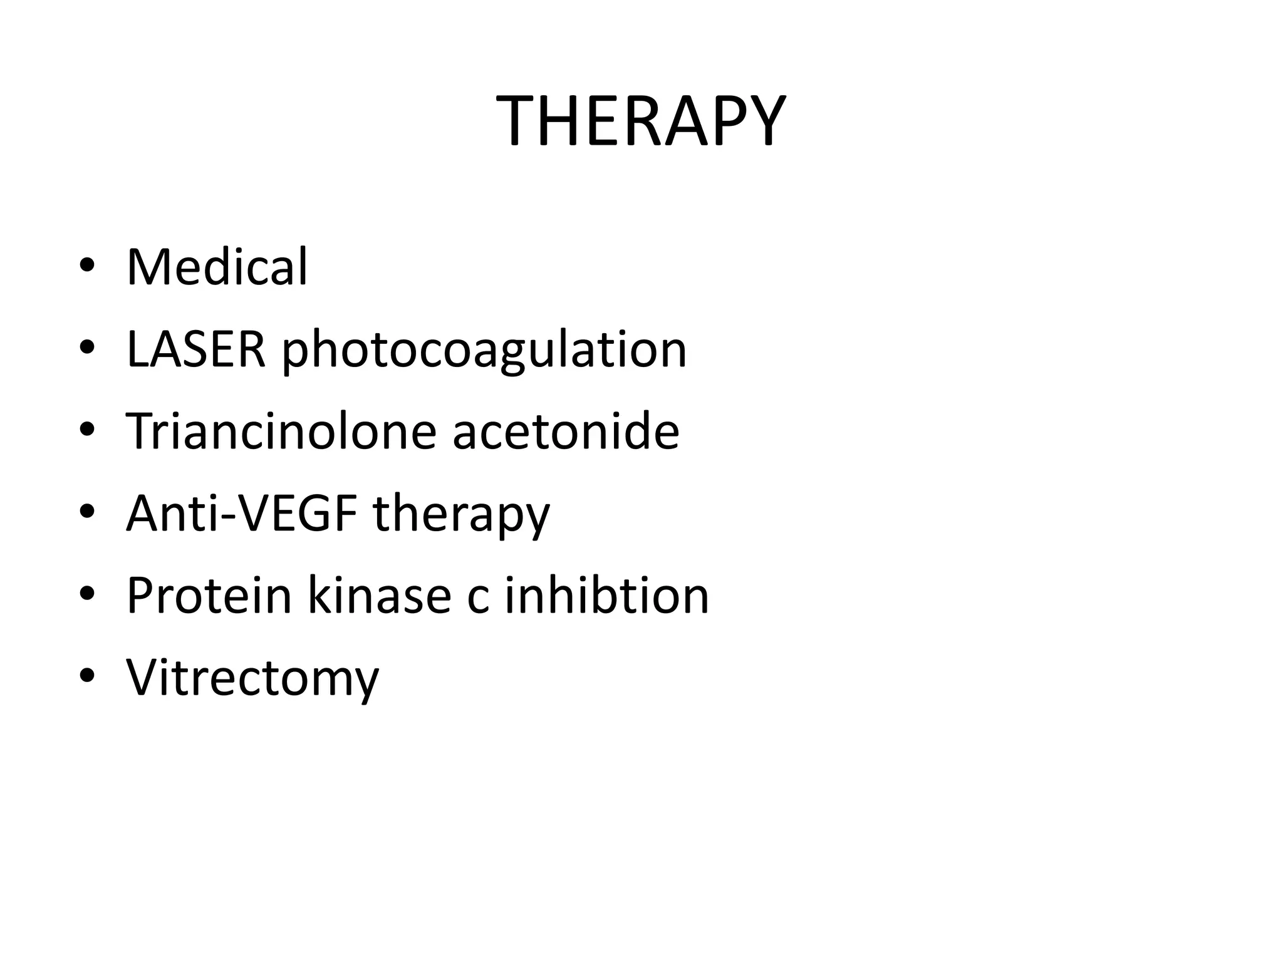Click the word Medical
click(217, 267)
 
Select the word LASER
click(196, 349)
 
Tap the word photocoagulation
click(484, 351)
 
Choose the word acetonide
click(566, 432)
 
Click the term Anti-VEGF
click(242, 514)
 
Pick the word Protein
click(209, 596)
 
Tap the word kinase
click(379, 596)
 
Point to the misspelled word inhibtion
click(606, 596)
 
